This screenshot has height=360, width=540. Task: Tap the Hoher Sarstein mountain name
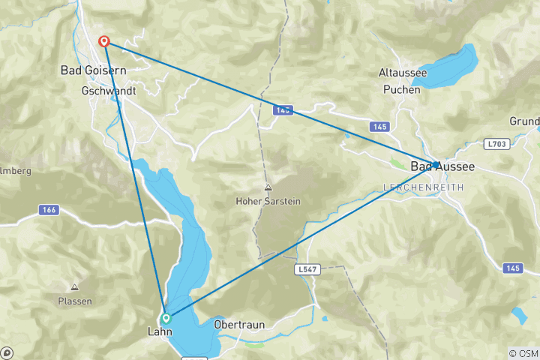pyautogui.click(x=268, y=200)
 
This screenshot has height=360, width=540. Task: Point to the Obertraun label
pyautogui.click(x=238, y=325)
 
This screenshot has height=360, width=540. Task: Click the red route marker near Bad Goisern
pyautogui.click(x=105, y=42)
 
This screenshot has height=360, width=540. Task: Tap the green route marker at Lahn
pyautogui.click(x=166, y=318)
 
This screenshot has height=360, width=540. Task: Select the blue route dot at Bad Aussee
pyautogui.click(x=436, y=164)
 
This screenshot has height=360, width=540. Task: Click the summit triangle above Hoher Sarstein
pyautogui.click(x=268, y=187)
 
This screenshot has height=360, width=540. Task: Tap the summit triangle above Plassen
pyautogui.click(x=75, y=287)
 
